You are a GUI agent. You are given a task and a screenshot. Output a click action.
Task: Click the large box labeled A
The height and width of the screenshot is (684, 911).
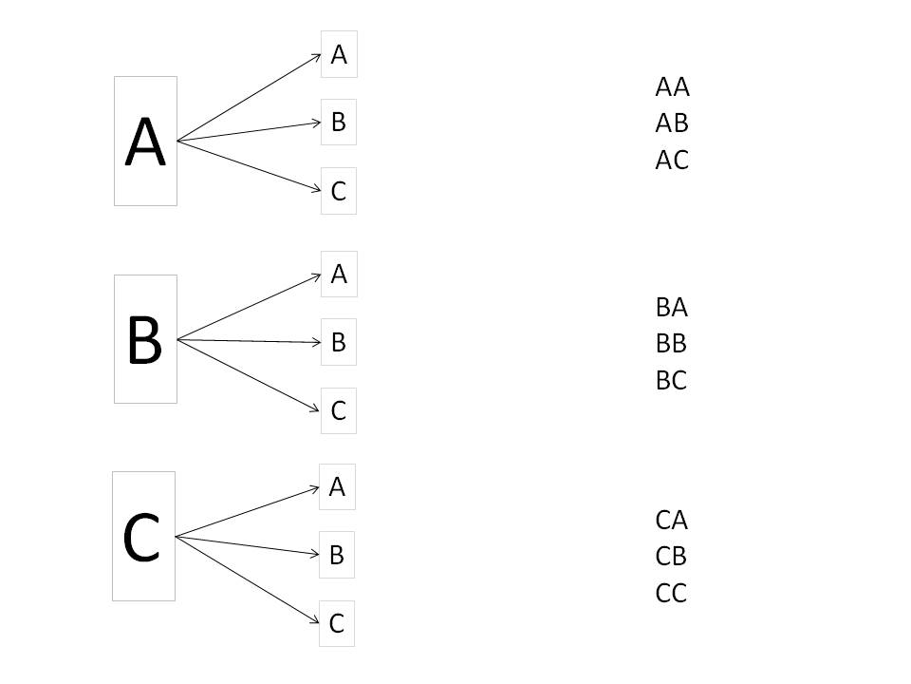point(145,141)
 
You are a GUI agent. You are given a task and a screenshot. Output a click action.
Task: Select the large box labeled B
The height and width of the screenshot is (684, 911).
point(145,339)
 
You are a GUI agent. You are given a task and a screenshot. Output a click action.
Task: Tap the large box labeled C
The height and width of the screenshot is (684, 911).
point(143,536)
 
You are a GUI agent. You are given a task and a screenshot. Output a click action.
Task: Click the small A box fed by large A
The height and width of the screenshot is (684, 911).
point(339,54)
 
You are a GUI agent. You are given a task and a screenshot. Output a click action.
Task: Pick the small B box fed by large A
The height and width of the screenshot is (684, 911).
point(338,123)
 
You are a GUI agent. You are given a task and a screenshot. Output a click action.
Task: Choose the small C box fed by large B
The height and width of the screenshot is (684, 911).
point(338,410)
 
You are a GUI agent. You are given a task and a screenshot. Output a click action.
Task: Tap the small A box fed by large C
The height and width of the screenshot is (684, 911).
point(337,486)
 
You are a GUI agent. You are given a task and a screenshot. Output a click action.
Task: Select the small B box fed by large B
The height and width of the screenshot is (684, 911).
point(338,342)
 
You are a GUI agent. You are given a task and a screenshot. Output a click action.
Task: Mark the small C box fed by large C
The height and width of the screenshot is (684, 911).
point(336,623)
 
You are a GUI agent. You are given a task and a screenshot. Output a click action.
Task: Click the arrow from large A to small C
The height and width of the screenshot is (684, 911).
point(249,165)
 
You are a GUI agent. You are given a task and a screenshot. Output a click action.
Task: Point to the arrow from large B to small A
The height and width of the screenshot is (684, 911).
point(249,307)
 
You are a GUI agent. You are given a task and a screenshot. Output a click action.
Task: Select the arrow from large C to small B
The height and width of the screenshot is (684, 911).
point(247,545)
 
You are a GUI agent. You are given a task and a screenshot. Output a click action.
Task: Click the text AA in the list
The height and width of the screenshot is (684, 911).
point(672,87)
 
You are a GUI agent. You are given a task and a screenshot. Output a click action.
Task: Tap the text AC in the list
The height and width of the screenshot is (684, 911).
point(672,160)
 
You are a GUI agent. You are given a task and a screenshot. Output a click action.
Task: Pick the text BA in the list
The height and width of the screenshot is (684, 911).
point(672,307)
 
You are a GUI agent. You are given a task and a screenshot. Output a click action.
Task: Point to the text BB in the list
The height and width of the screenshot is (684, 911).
point(671,344)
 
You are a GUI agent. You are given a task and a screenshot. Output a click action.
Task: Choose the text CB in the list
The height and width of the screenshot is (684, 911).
point(671,557)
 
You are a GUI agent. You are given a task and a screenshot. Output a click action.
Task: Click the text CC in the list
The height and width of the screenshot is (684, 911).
point(671,593)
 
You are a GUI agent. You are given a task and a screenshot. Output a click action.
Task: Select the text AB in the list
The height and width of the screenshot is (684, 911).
point(672,123)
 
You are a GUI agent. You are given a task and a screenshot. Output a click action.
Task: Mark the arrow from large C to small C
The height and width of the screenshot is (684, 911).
point(247,579)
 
